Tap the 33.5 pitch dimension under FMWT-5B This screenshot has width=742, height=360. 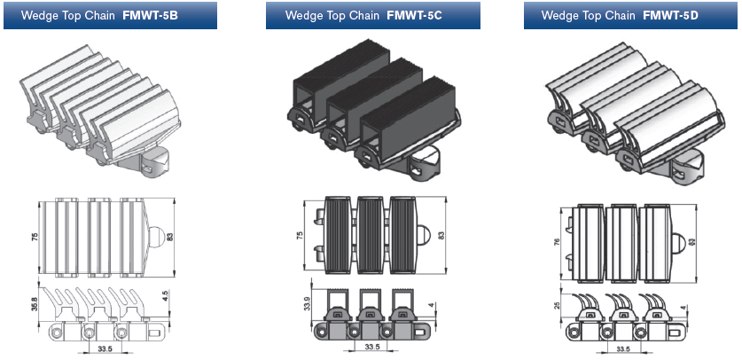(105, 349)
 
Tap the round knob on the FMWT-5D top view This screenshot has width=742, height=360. (678, 242)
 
